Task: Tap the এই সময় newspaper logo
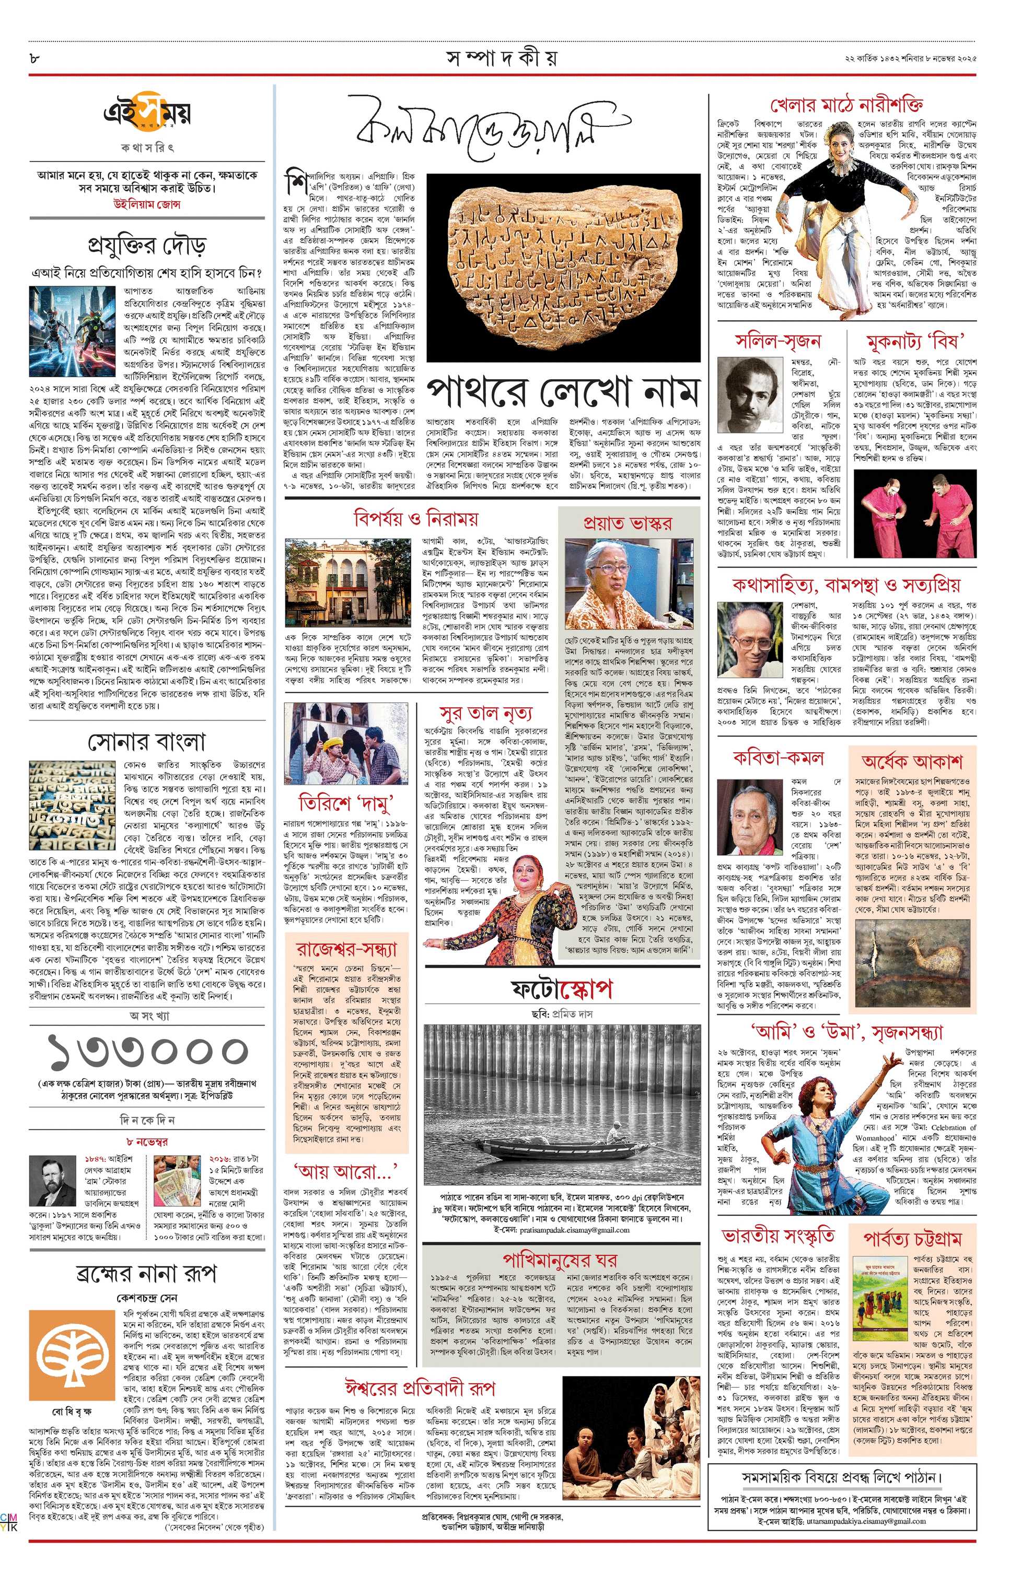click(147, 115)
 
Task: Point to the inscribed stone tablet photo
click(562, 266)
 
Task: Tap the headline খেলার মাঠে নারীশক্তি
click(848, 104)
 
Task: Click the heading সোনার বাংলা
click(147, 741)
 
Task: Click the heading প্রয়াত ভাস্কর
click(627, 522)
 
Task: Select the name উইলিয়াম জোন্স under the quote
click(147, 204)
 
